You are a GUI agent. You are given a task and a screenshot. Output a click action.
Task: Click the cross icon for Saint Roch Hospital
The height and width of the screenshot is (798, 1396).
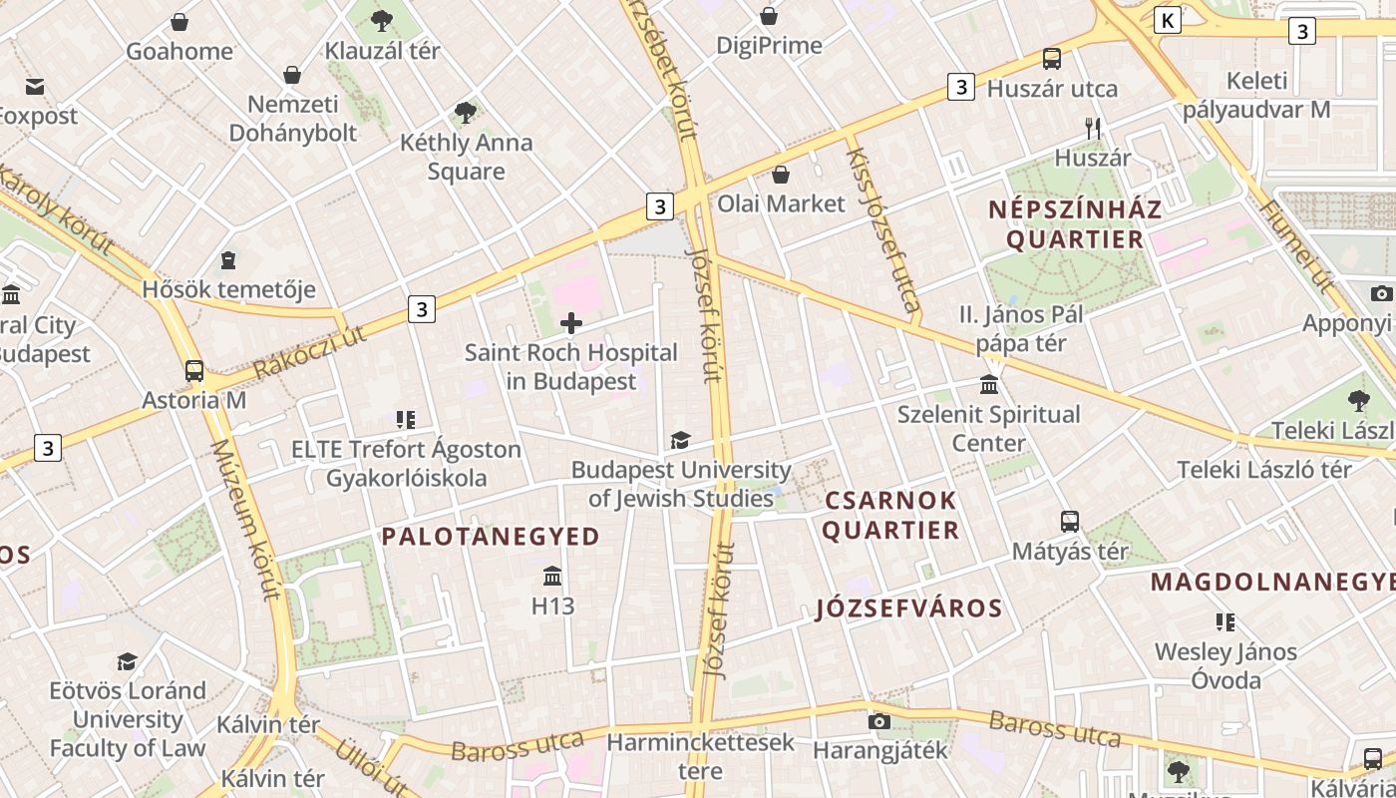coord(571,322)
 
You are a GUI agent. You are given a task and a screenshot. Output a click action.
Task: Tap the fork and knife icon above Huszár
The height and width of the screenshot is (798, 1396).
coord(1093,128)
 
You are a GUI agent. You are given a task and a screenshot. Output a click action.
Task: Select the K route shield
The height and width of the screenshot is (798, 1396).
coord(1168,20)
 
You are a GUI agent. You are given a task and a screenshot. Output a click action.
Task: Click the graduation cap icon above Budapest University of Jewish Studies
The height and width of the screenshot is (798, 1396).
coord(680,440)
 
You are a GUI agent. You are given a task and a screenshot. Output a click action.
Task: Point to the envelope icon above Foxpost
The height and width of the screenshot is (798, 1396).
coord(35,87)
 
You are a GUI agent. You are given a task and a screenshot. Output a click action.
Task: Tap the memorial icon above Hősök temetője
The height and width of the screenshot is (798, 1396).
coord(228,260)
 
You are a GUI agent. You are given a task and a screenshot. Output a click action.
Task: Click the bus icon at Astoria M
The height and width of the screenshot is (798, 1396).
coord(194,371)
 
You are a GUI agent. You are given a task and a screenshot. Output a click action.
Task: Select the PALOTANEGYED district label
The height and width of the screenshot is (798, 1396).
coord(491,537)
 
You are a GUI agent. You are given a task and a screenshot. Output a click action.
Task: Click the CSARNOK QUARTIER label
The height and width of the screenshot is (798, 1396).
coord(889,515)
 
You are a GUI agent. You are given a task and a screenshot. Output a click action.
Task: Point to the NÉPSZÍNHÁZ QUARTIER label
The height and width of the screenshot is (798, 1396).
coord(1075,224)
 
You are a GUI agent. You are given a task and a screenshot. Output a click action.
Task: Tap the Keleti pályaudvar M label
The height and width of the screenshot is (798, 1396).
coord(1256,95)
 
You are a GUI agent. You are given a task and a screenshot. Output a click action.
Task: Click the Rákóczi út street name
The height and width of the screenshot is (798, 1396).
coord(309,352)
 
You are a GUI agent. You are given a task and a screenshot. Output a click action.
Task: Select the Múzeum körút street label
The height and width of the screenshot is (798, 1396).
coord(242,519)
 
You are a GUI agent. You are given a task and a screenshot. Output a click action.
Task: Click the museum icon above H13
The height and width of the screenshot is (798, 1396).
coord(552,576)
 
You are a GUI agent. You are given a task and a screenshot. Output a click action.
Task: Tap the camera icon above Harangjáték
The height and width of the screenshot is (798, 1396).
coord(878,721)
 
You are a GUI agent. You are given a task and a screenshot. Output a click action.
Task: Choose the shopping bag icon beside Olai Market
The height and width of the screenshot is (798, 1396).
coord(781,175)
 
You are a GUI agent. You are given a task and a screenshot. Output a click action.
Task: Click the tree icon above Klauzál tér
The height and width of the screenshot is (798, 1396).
coord(381,20)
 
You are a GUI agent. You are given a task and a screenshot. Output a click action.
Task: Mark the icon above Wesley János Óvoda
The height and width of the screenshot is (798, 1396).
coord(1225,622)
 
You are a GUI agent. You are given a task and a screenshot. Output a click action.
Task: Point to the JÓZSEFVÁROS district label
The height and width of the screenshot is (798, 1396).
coord(908,608)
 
